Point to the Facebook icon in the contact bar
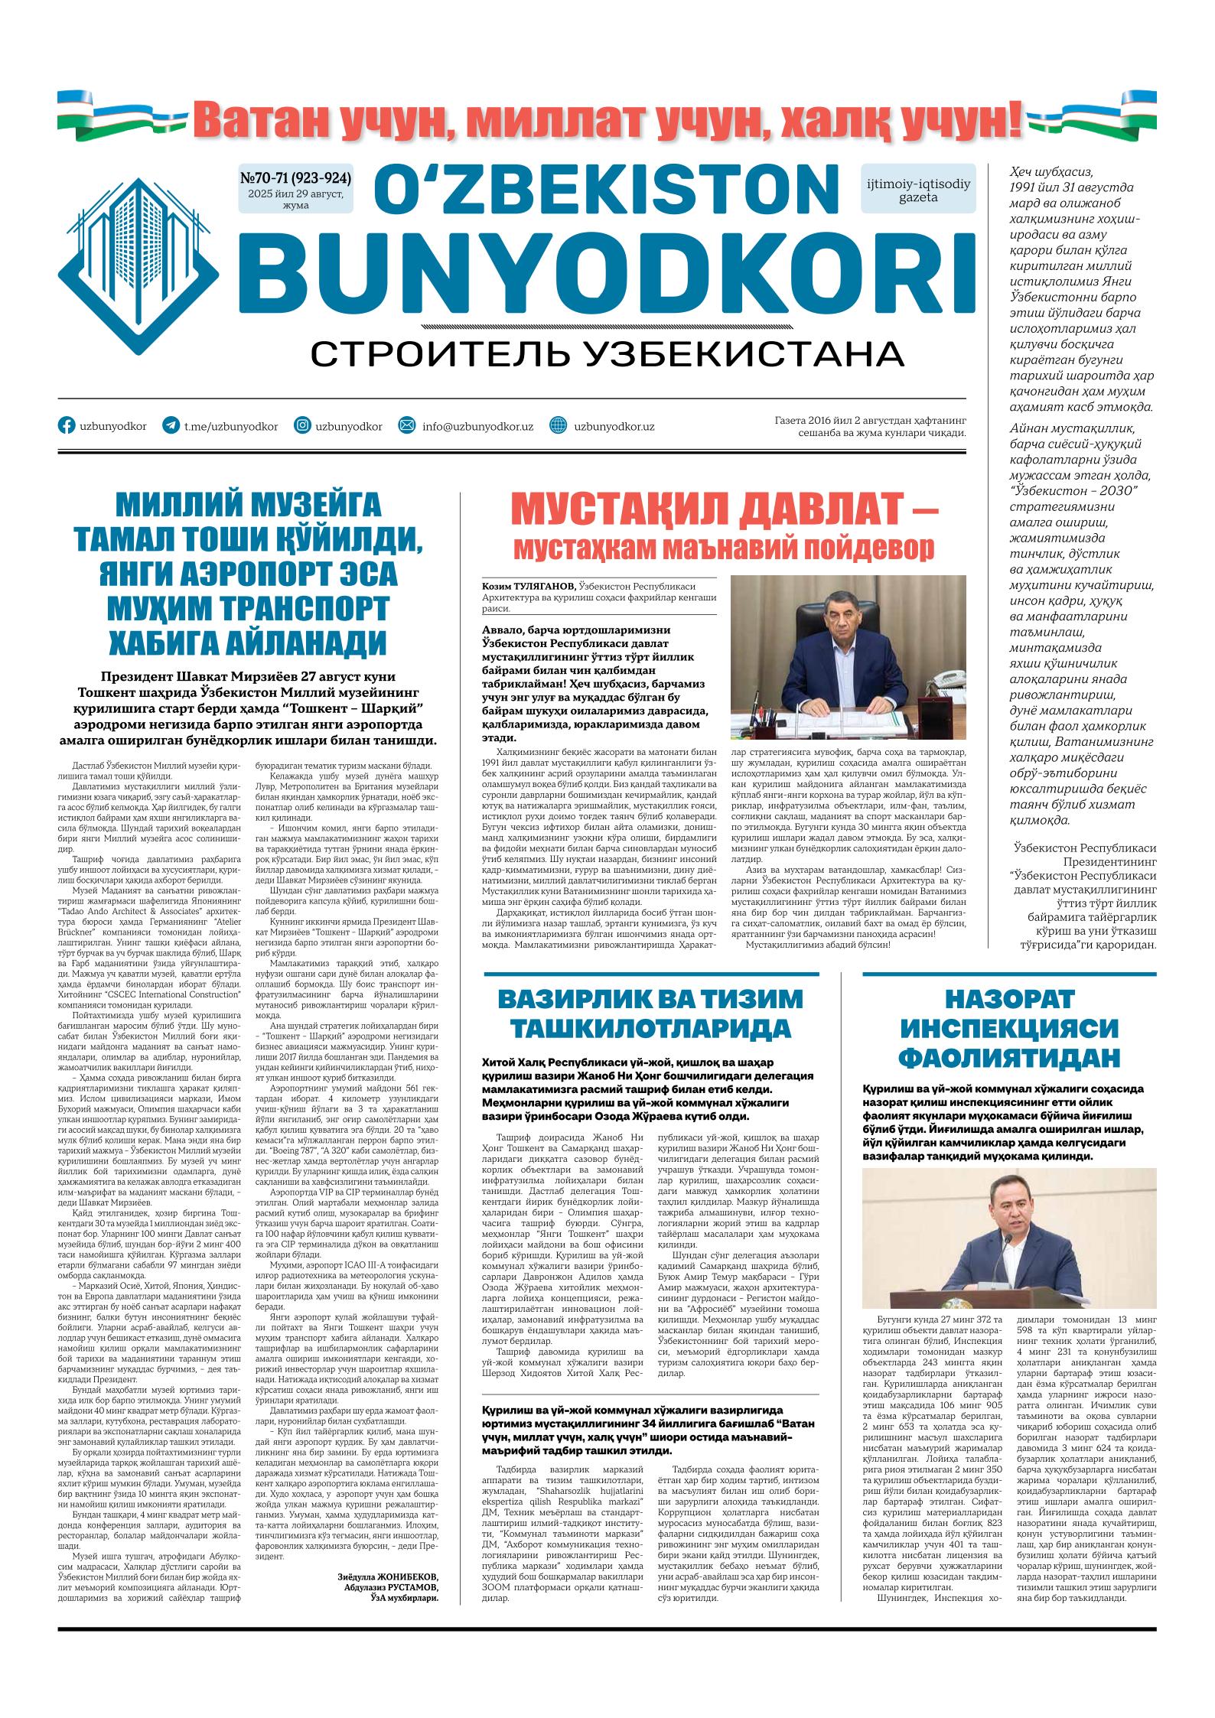point(67,426)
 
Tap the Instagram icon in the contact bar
point(303,426)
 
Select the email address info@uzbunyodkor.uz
point(477,427)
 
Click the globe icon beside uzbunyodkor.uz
point(559,426)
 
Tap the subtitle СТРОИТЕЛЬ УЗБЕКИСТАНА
point(607,353)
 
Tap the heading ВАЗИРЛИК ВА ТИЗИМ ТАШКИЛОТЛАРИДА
point(650,1014)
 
